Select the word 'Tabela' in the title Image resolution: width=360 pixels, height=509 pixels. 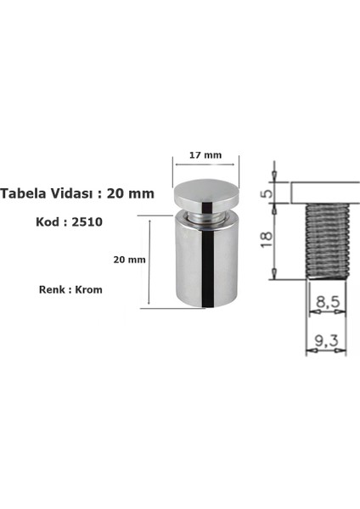[24, 193]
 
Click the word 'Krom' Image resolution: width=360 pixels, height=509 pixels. [88, 288]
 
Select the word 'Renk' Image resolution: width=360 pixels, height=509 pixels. [53, 288]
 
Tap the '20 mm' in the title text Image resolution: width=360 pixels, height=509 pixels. [133, 193]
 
